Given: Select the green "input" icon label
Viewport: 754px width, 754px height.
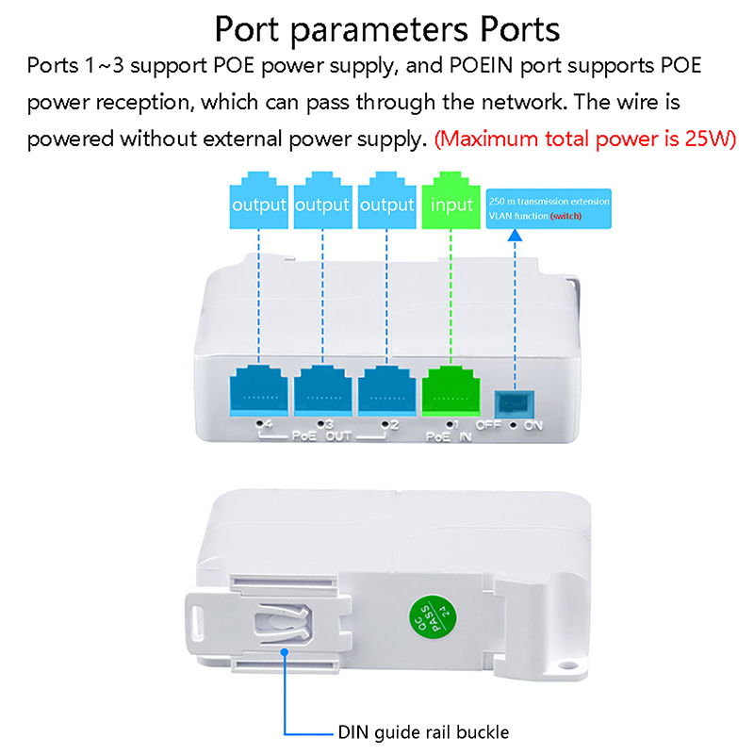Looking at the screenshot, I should [x=451, y=205].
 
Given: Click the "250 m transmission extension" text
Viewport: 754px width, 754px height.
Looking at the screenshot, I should [x=549, y=201].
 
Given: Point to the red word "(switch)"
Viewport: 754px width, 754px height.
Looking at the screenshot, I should [x=567, y=217].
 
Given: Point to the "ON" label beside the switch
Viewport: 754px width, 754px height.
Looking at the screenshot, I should [x=533, y=425].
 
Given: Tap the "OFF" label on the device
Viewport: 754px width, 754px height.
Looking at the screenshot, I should [x=488, y=425].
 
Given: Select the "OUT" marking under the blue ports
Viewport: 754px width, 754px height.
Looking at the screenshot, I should [x=338, y=437].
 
